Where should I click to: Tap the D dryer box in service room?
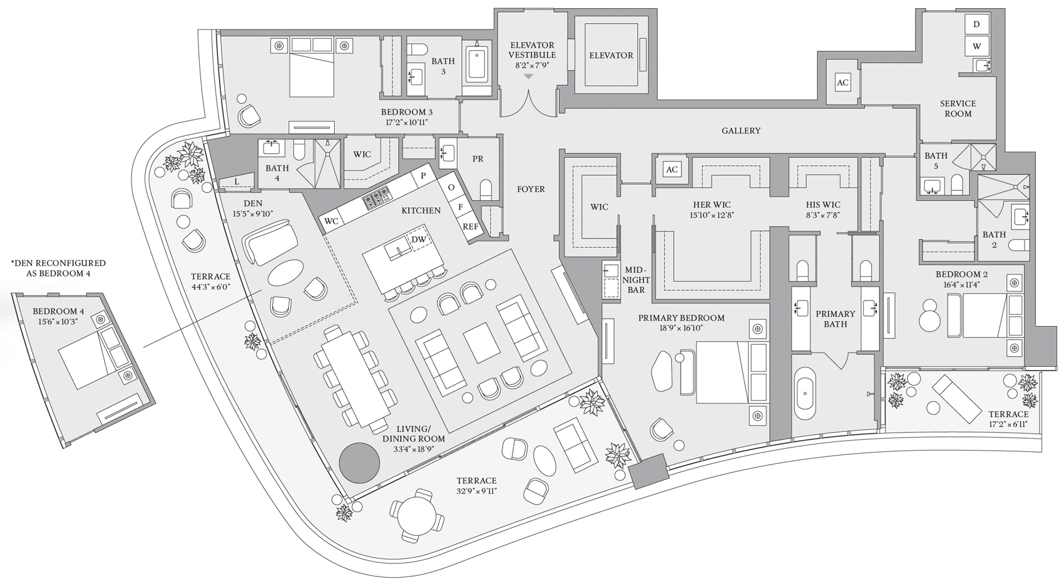click(976, 24)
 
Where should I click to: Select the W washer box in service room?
click(976, 46)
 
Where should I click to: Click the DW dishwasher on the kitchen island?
click(419, 240)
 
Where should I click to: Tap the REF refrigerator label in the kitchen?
click(470, 227)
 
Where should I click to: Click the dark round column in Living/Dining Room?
click(360, 463)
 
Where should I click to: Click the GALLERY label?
click(741, 131)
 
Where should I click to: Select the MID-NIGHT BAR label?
click(637, 280)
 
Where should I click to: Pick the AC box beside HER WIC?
click(672, 170)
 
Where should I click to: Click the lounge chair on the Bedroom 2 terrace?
click(956, 399)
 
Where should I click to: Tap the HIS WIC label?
click(823, 205)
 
